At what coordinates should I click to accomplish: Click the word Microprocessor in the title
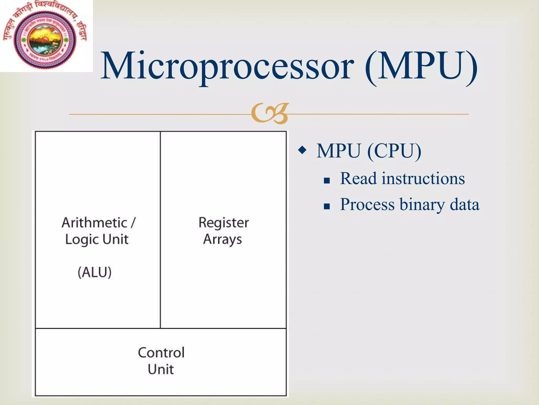point(228,66)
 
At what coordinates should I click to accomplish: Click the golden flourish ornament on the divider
point(270,114)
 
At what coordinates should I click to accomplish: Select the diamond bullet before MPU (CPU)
point(302,150)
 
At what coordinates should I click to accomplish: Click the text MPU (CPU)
point(369,151)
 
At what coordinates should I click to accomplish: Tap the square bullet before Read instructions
point(327,181)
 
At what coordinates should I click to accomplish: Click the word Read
point(358,179)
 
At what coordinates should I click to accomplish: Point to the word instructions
point(423,179)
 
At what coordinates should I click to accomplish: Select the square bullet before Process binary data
point(327,206)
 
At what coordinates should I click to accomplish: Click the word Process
point(367,205)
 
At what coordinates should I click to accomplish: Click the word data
point(465,205)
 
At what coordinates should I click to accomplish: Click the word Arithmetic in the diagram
point(94,223)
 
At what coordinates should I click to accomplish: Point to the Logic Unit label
point(97,240)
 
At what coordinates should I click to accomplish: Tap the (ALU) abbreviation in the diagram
point(94,272)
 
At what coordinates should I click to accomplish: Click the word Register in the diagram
point(223,223)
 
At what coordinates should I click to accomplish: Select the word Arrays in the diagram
point(223,240)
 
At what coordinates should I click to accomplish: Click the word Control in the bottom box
point(161,353)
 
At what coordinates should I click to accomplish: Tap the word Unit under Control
point(161,369)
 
